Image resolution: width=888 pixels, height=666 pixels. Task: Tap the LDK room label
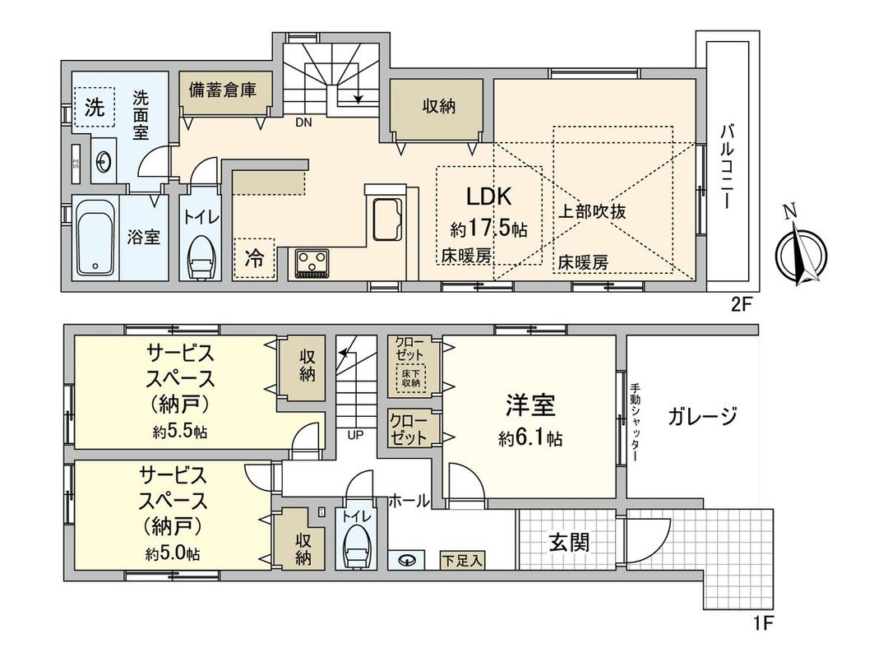(x=490, y=197)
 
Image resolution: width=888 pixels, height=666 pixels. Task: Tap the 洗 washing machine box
(x=95, y=108)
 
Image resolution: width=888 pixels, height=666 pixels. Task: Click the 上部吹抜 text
(x=593, y=210)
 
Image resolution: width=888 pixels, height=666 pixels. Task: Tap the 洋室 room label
(x=530, y=405)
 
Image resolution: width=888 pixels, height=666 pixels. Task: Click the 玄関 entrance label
(x=569, y=543)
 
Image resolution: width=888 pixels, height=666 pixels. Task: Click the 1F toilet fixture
(x=356, y=547)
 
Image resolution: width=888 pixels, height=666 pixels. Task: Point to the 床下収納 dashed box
(x=411, y=377)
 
